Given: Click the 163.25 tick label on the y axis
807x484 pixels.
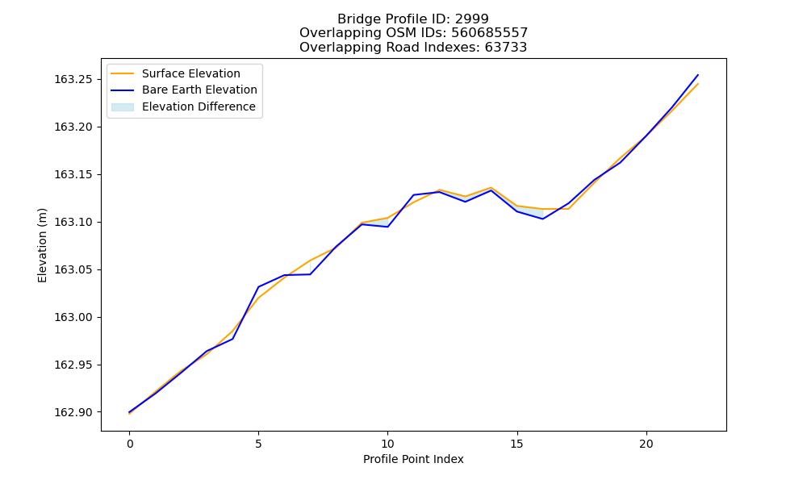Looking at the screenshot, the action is (73, 79).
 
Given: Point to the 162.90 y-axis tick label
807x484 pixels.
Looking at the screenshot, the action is (73, 412).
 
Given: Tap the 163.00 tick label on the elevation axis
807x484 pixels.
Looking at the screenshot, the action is (73, 317).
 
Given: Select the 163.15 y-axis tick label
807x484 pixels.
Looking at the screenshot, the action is (73, 174).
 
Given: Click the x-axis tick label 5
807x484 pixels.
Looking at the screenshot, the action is (258, 444).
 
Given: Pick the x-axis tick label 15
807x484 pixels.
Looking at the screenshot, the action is (516, 444).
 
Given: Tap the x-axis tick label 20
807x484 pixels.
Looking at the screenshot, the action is (646, 444).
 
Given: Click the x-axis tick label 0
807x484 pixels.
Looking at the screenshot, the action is (130, 444).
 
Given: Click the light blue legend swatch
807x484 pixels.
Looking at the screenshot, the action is (123, 107).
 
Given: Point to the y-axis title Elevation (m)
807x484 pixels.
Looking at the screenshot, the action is (42, 245).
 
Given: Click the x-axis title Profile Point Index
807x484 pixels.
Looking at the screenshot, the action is (413, 459).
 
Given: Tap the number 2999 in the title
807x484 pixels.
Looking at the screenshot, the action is (471, 19).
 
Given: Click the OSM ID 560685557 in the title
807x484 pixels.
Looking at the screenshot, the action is (490, 33).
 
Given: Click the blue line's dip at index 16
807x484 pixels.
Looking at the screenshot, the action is (542, 219).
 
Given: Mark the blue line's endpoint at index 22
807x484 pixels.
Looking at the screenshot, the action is (698, 74).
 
